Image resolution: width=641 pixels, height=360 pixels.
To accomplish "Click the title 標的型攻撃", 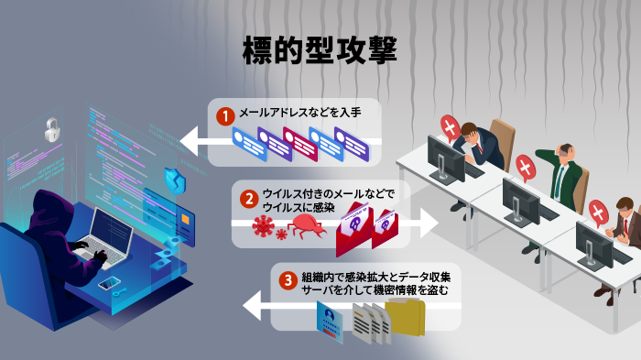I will point(320,50).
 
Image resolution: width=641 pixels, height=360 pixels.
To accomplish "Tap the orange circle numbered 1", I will point(223,116).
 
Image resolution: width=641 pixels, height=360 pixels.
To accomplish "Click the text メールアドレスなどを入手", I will point(299,115).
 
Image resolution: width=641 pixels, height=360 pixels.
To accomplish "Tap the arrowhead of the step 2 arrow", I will point(427,223).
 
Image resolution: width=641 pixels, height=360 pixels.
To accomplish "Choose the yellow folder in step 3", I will point(405,319).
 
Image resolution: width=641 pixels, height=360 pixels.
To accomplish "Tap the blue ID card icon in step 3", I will point(329,322).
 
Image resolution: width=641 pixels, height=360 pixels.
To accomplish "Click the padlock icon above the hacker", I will point(52,129).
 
